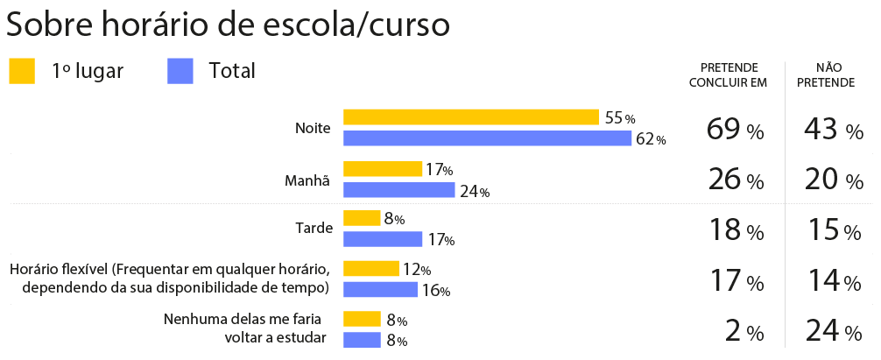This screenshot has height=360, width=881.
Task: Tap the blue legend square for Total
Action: tap(180, 71)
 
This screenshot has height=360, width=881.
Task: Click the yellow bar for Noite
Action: tap(470, 117)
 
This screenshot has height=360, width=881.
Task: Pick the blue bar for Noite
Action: tap(487, 138)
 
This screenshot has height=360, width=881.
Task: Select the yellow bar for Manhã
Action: tap(383, 169)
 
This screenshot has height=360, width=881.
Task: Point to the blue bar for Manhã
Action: tap(398, 190)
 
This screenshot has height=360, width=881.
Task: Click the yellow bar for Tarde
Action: tap(362, 218)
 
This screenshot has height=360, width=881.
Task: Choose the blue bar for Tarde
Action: tap(383, 239)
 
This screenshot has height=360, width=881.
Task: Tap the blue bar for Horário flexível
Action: tap(380, 289)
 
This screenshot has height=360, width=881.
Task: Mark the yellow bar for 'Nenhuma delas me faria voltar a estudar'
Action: tap(362, 319)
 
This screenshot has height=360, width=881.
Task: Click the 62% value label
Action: tap(651, 139)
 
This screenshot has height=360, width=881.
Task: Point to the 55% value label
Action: tap(619, 118)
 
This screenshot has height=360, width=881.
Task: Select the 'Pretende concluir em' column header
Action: tap(728, 75)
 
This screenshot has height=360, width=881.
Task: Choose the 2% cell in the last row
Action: tap(744, 332)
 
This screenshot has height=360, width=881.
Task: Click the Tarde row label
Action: tap(314, 229)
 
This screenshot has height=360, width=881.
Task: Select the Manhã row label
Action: tap(307, 180)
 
